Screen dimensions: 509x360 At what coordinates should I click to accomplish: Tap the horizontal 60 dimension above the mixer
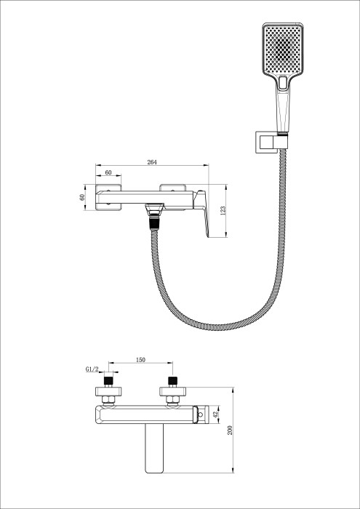click(108, 173)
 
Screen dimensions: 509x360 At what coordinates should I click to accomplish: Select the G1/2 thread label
click(92, 369)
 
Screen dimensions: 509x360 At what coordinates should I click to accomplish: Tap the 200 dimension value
click(231, 430)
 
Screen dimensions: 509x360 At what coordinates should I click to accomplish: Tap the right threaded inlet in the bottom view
click(173, 381)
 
